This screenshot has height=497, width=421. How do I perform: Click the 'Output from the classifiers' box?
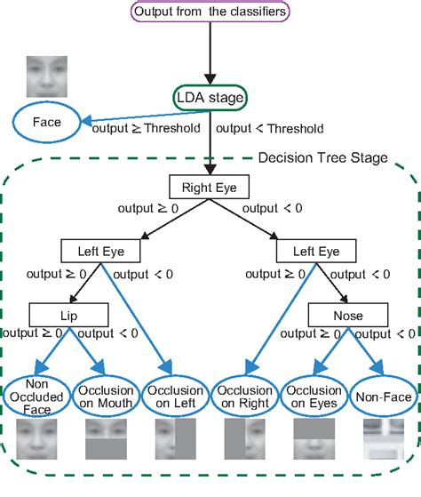pyautogui.click(x=210, y=12)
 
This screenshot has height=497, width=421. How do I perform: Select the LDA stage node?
pyautogui.click(x=210, y=98)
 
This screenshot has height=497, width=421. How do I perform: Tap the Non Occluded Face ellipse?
pyautogui.click(x=36, y=396)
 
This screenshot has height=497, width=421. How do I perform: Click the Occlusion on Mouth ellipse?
pyautogui.click(x=106, y=396)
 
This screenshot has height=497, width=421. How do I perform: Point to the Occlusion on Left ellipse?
pyautogui.click(x=175, y=396)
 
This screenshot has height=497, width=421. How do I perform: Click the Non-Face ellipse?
pyautogui.click(x=382, y=396)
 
